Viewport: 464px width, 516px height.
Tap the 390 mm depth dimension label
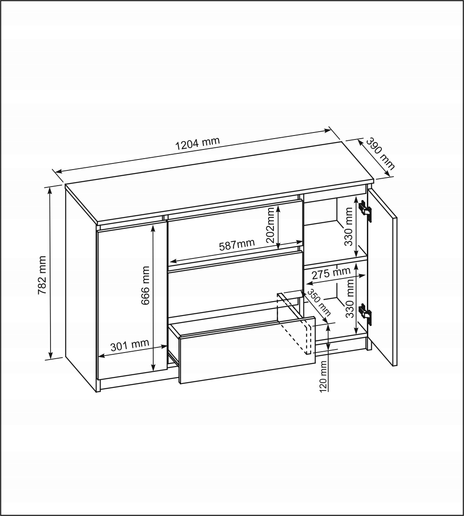tap(380, 154)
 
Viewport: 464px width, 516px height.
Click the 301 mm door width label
tap(129, 345)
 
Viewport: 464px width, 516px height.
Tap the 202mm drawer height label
tap(271, 225)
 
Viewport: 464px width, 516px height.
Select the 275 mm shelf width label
tap(331, 273)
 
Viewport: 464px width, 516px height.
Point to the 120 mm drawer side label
tap(323, 376)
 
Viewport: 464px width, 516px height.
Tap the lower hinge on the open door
tap(365, 314)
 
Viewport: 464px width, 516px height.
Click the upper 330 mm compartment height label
tap(349, 227)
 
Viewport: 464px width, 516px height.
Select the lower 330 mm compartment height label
tap(349, 299)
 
